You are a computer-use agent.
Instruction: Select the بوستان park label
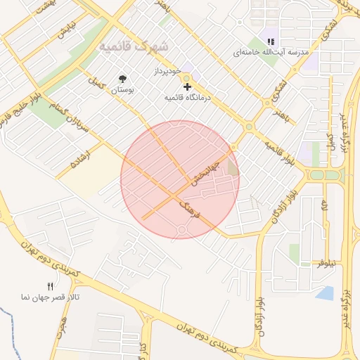tap(124, 91)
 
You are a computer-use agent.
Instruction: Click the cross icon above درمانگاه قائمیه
tap(187, 86)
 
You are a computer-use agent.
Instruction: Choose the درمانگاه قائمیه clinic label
tap(179, 98)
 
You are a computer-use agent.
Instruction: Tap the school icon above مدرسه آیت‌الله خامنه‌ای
tap(271, 41)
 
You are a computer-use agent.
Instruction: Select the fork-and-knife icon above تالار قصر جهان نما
tap(49, 286)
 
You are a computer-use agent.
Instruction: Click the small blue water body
tap(325, 292)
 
